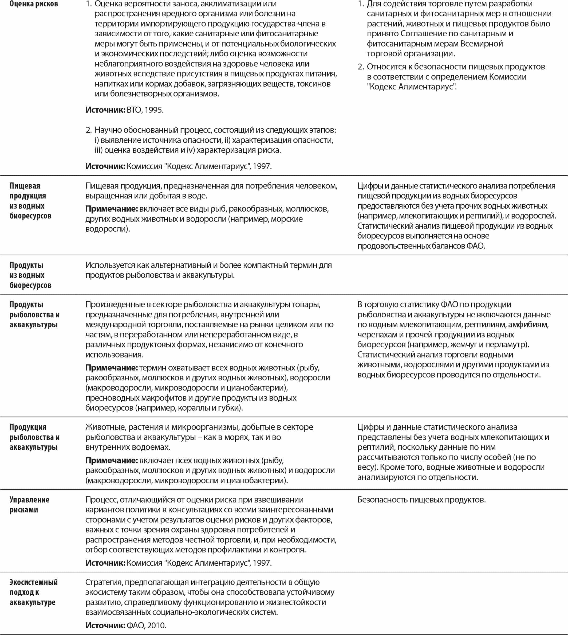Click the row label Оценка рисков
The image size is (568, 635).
34,4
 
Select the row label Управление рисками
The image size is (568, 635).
29,504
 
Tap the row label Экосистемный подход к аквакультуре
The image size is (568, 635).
33,592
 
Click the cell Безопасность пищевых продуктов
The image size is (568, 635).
421,500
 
